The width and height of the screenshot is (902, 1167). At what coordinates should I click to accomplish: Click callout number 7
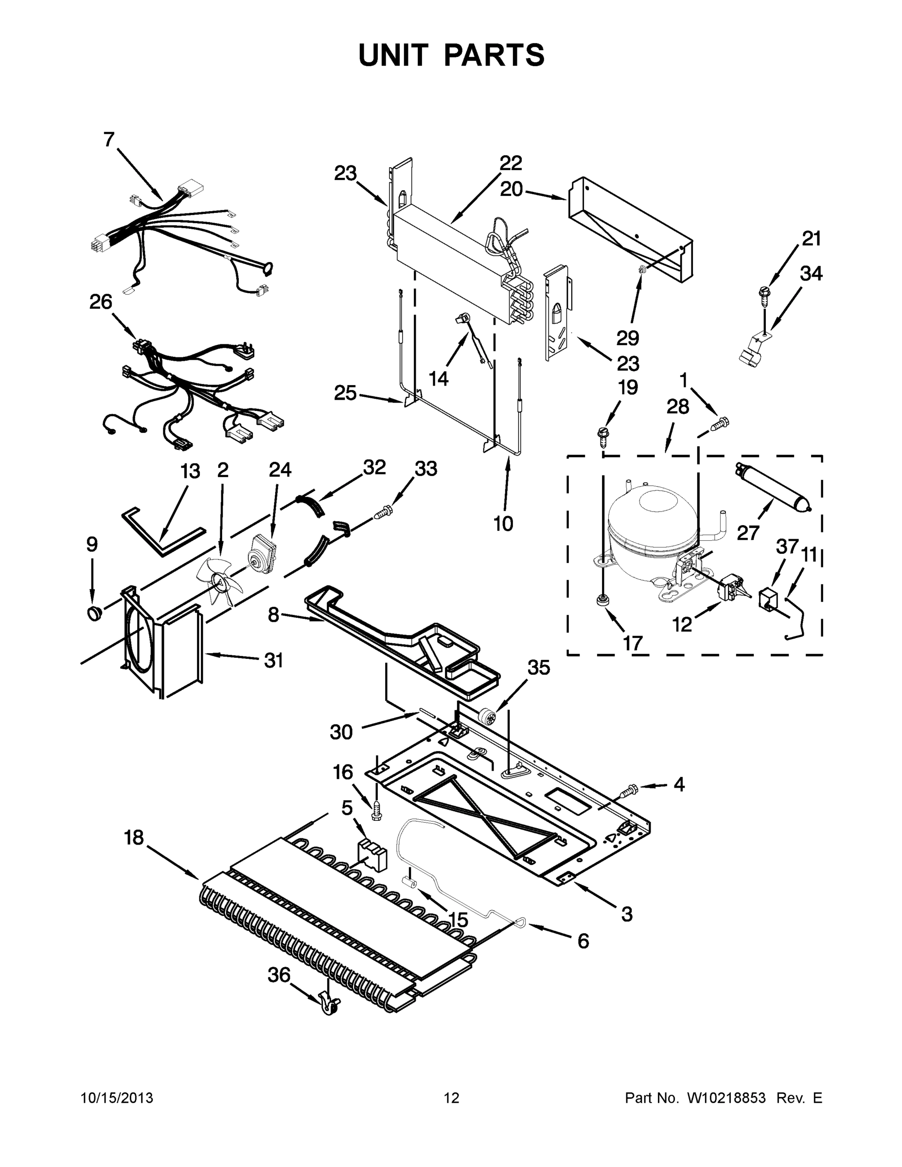pyautogui.click(x=109, y=140)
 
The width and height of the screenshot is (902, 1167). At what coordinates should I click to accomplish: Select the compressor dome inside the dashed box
pyautogui.click(x=652, y=521)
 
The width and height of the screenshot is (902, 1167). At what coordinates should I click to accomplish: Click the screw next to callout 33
pyautogui.click(x=383, y=514)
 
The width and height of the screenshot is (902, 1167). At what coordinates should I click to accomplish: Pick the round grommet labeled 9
pyautogui.click(x=95, y=614)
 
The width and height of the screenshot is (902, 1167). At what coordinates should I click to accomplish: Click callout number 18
pyautogui.click(x=134, y=837)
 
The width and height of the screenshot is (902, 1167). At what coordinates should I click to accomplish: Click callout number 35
pyautogui.click(x=538, y=668)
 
